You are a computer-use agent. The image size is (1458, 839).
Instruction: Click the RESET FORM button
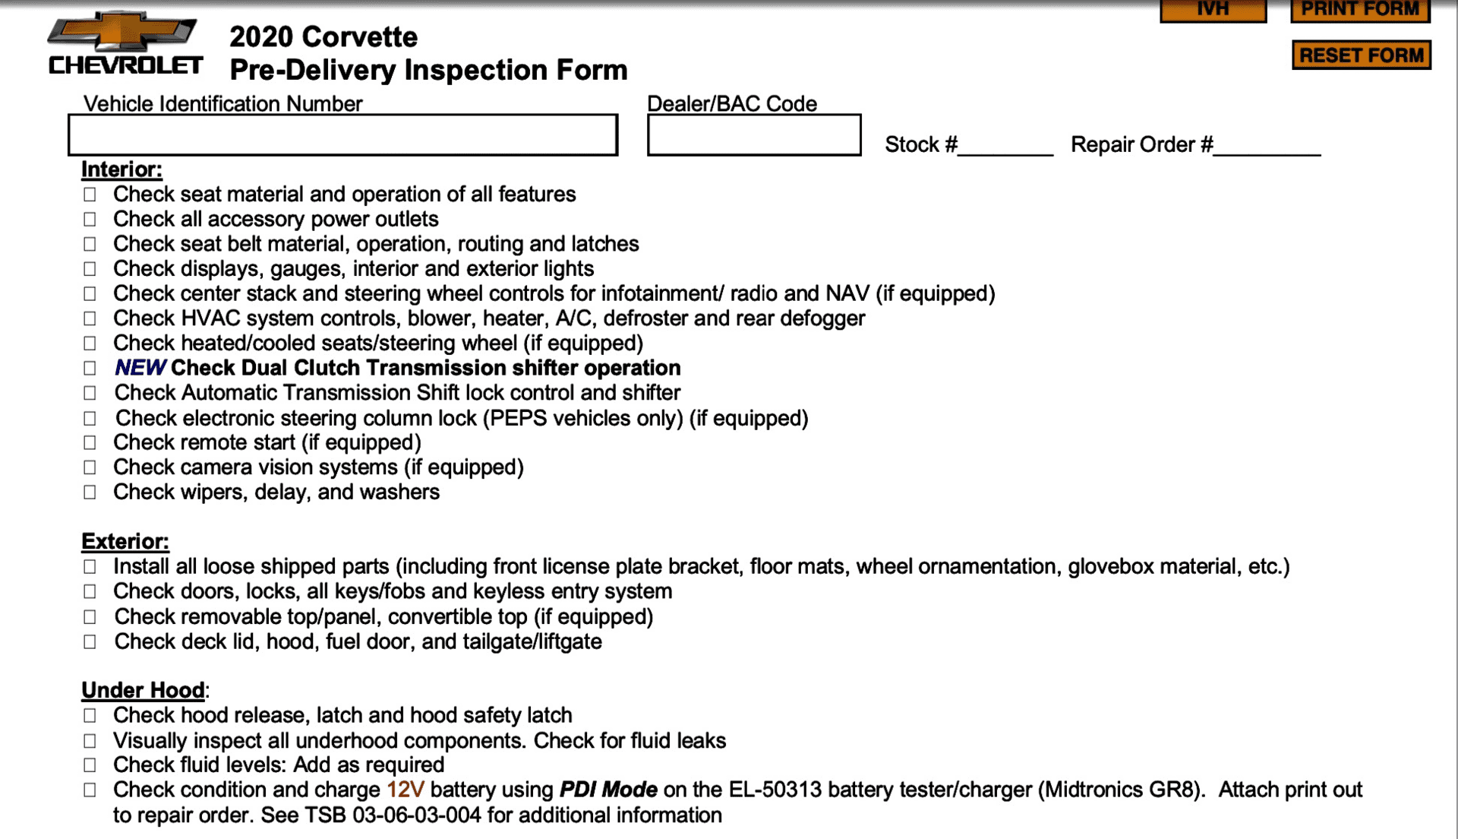point(1361,55)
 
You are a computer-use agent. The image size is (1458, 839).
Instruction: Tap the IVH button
point(1213,10)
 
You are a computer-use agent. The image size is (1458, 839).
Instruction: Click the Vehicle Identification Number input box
point(342,135)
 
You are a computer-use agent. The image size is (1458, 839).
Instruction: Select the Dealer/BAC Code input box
point(753,135)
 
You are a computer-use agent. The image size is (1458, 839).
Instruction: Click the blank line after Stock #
point(1005,146)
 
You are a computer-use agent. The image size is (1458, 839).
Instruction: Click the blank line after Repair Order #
point(1267,146)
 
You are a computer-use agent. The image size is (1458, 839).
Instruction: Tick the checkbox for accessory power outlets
point(90,220)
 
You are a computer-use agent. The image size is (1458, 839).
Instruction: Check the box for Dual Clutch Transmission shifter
point(90,369)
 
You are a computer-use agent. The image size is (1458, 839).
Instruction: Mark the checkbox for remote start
point(90,443)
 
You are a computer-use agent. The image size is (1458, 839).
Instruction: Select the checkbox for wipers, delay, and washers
point(90,492)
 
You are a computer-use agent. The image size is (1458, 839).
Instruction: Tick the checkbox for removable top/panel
point(90,617)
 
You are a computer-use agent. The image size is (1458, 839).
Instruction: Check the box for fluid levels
point(90,765)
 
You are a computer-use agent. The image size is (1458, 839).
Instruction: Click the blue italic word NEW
point(140,368)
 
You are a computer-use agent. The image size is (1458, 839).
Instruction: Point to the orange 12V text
point(405,790)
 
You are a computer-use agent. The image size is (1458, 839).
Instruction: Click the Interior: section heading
point(121,169)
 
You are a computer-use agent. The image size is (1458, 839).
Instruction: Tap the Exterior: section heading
point(125,542)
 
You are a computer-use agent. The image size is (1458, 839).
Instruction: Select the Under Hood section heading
point(143,690)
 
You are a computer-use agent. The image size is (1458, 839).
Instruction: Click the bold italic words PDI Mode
point(608,790)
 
